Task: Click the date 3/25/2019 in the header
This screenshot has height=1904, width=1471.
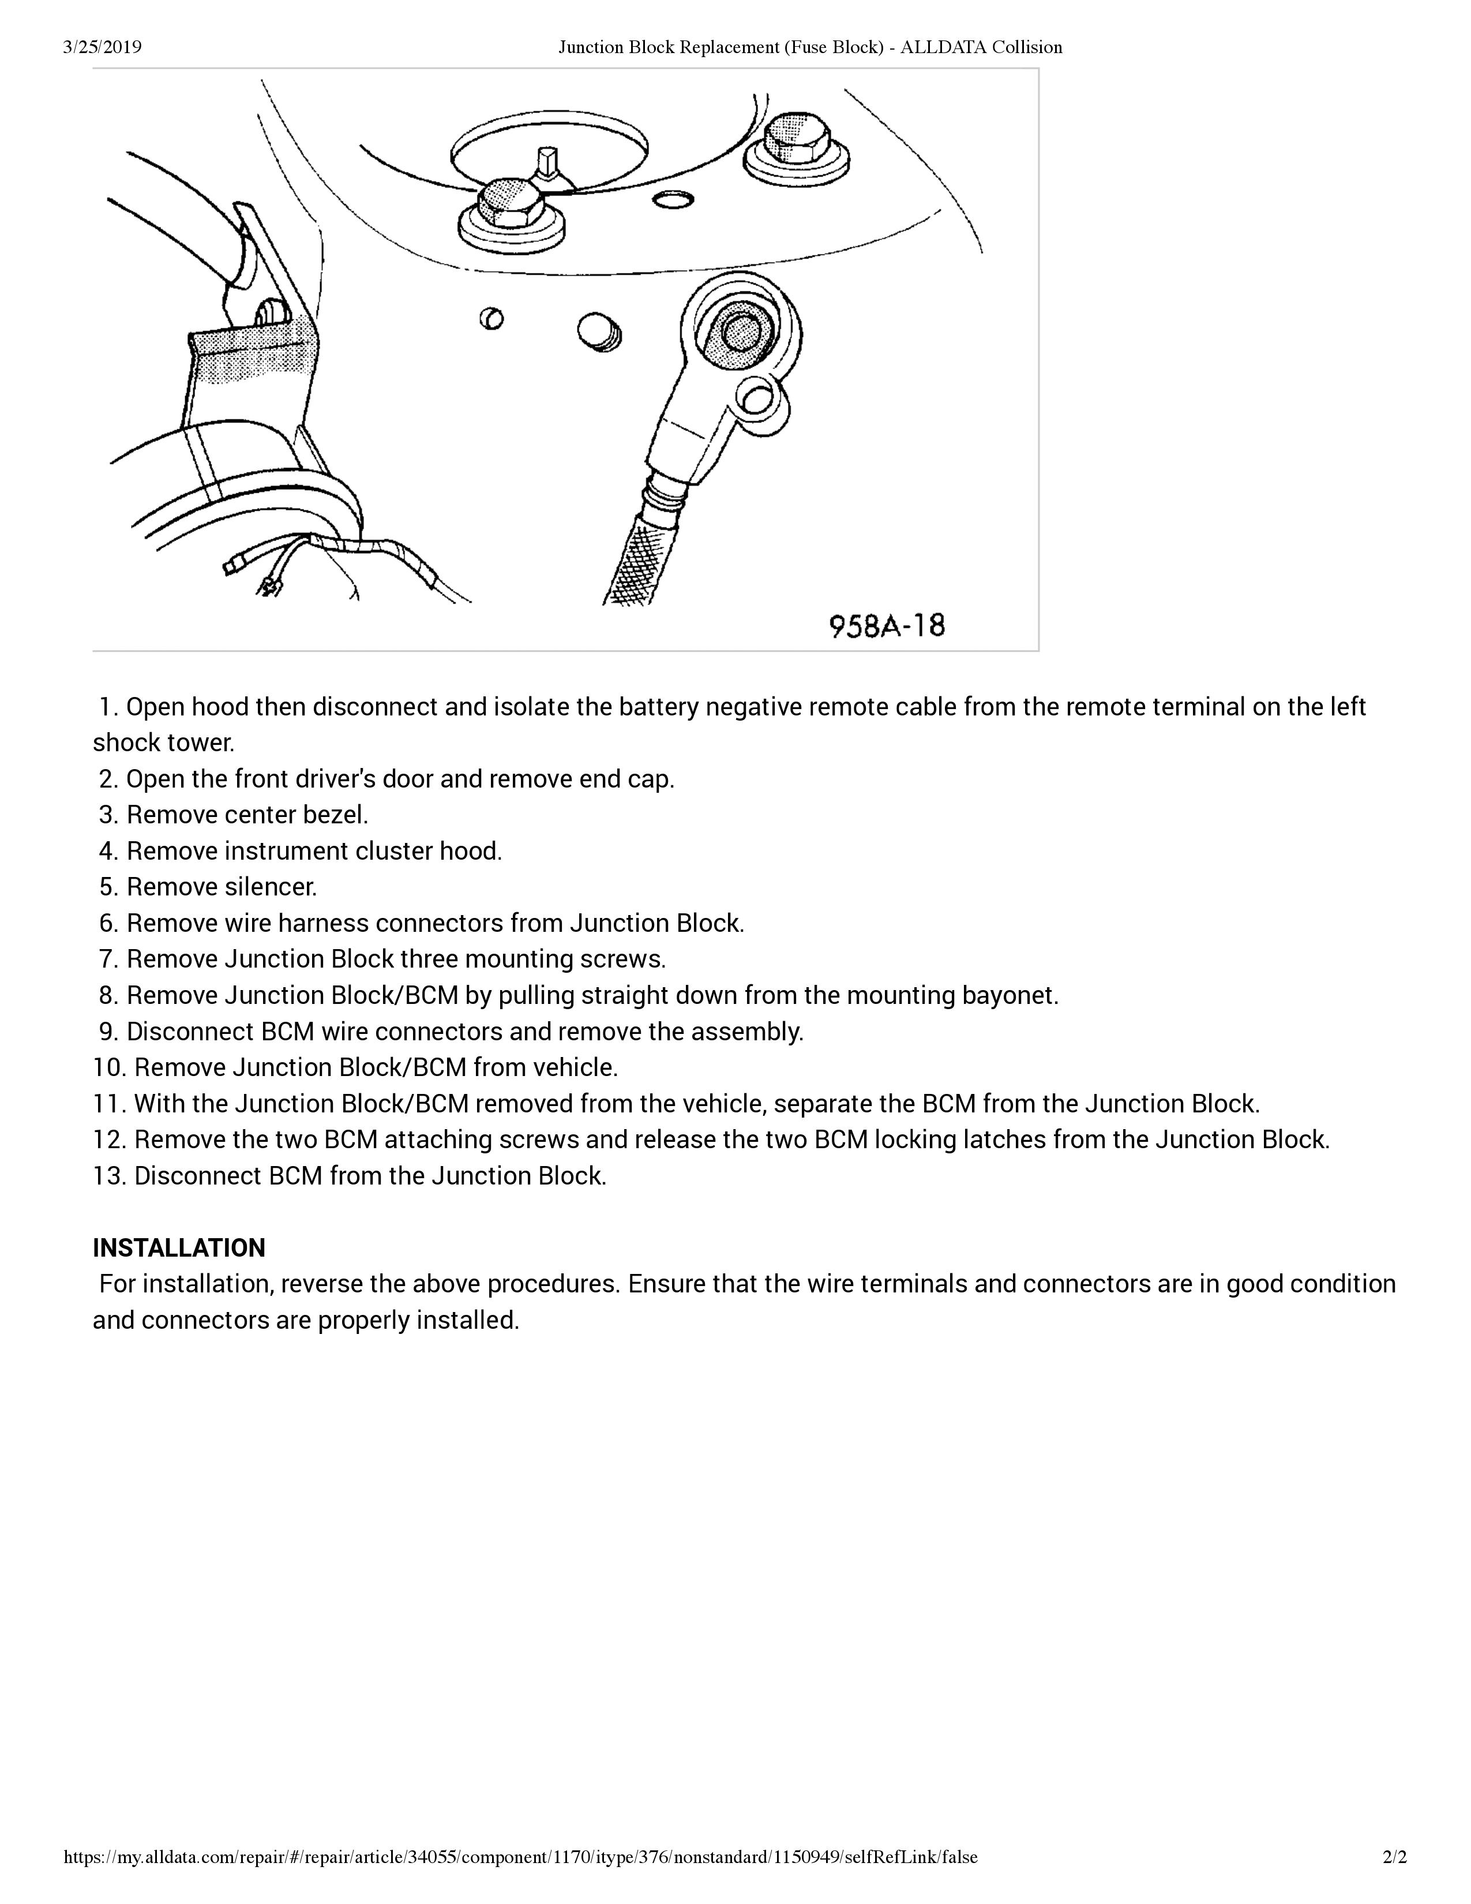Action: coord(102,47)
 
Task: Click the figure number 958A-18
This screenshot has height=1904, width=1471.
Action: coord(886,626)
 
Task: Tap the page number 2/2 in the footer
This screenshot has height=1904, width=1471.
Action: coord(1394,1881)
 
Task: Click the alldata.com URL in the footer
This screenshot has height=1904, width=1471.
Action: coord(520,1881)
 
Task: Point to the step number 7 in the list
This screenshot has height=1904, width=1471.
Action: coord(108,959)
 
